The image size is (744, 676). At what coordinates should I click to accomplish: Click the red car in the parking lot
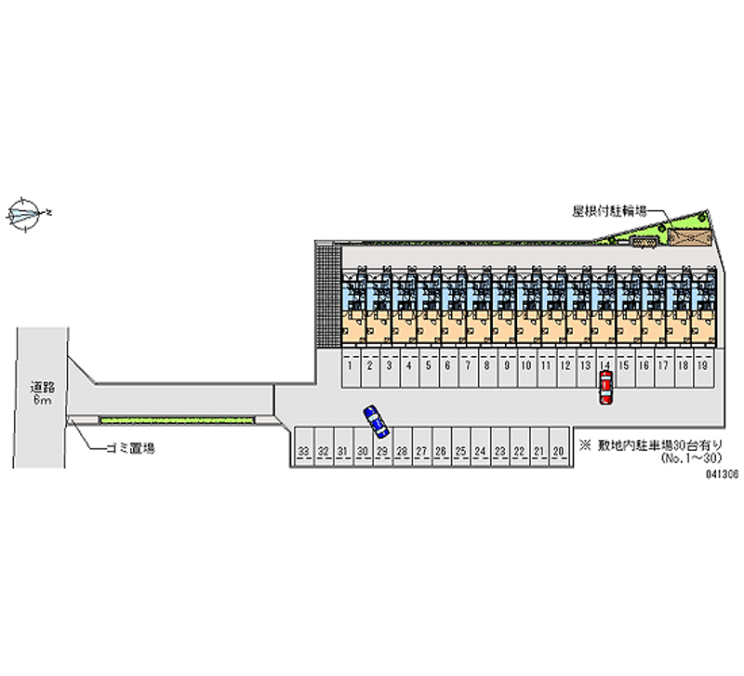[x=605, y=387]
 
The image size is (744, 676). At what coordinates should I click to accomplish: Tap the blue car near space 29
[x=376, y=421]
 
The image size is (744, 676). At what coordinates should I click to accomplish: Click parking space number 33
[x=304, y=451]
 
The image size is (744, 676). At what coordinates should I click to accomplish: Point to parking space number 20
[x=558, y=451]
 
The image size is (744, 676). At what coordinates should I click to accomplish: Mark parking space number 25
[x=460, y=451]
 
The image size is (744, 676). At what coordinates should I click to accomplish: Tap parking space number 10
[x=525, y=366]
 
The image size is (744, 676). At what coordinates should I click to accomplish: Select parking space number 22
[x=519, y=451]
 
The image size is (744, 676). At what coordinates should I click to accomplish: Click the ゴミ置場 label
[x=130, y=448]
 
